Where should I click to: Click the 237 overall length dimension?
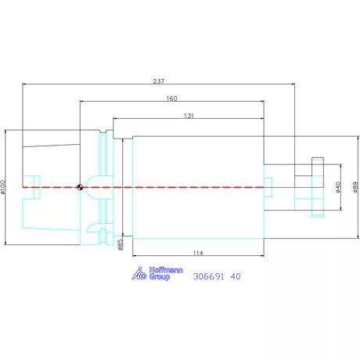[x=159, y=81]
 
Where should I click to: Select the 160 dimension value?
[x=171, y=99]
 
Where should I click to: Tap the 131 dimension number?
[x=189, y=116]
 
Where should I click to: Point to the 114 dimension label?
[x=198, y=253]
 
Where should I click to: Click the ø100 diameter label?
[x=3, y=187]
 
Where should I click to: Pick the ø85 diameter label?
[x=120, y=245]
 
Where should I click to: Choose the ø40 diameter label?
[x=338, y=187]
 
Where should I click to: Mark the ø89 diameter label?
[x=355, y=187]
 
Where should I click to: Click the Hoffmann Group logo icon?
[x=139, y=273]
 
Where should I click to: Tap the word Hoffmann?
[x=166, y=270]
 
